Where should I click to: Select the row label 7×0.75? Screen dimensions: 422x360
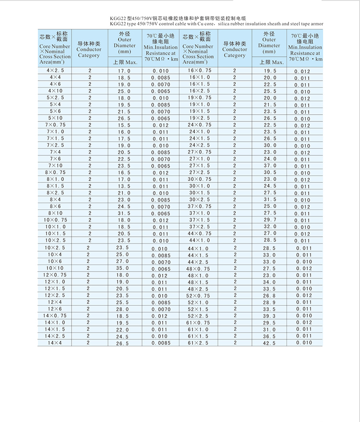click(x=56, y=125)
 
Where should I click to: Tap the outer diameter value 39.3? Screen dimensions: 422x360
click(x=270, y=316)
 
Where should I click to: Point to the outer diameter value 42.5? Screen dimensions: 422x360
click(x=270, y=343)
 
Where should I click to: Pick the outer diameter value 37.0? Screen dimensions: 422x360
click(x=270, y=166)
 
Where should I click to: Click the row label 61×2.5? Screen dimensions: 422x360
click(x=199, y=343)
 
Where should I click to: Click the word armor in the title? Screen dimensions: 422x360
click(x=315, y=24)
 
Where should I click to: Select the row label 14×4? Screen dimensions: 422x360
click(x=54, y=343)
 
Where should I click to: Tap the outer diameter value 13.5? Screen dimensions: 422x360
click(x=123, y=186)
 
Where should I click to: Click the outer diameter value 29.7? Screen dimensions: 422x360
click(x=270, y=219)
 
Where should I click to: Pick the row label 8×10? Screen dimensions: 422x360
click(x=55, y=213)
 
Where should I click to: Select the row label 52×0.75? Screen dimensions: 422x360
click(x=199, y=296)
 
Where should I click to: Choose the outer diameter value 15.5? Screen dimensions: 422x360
click(x=123, y=125)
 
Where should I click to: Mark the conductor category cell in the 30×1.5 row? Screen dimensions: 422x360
click(x=235, y=193)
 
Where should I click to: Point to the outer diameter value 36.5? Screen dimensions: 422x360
click(x=270, y=336)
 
